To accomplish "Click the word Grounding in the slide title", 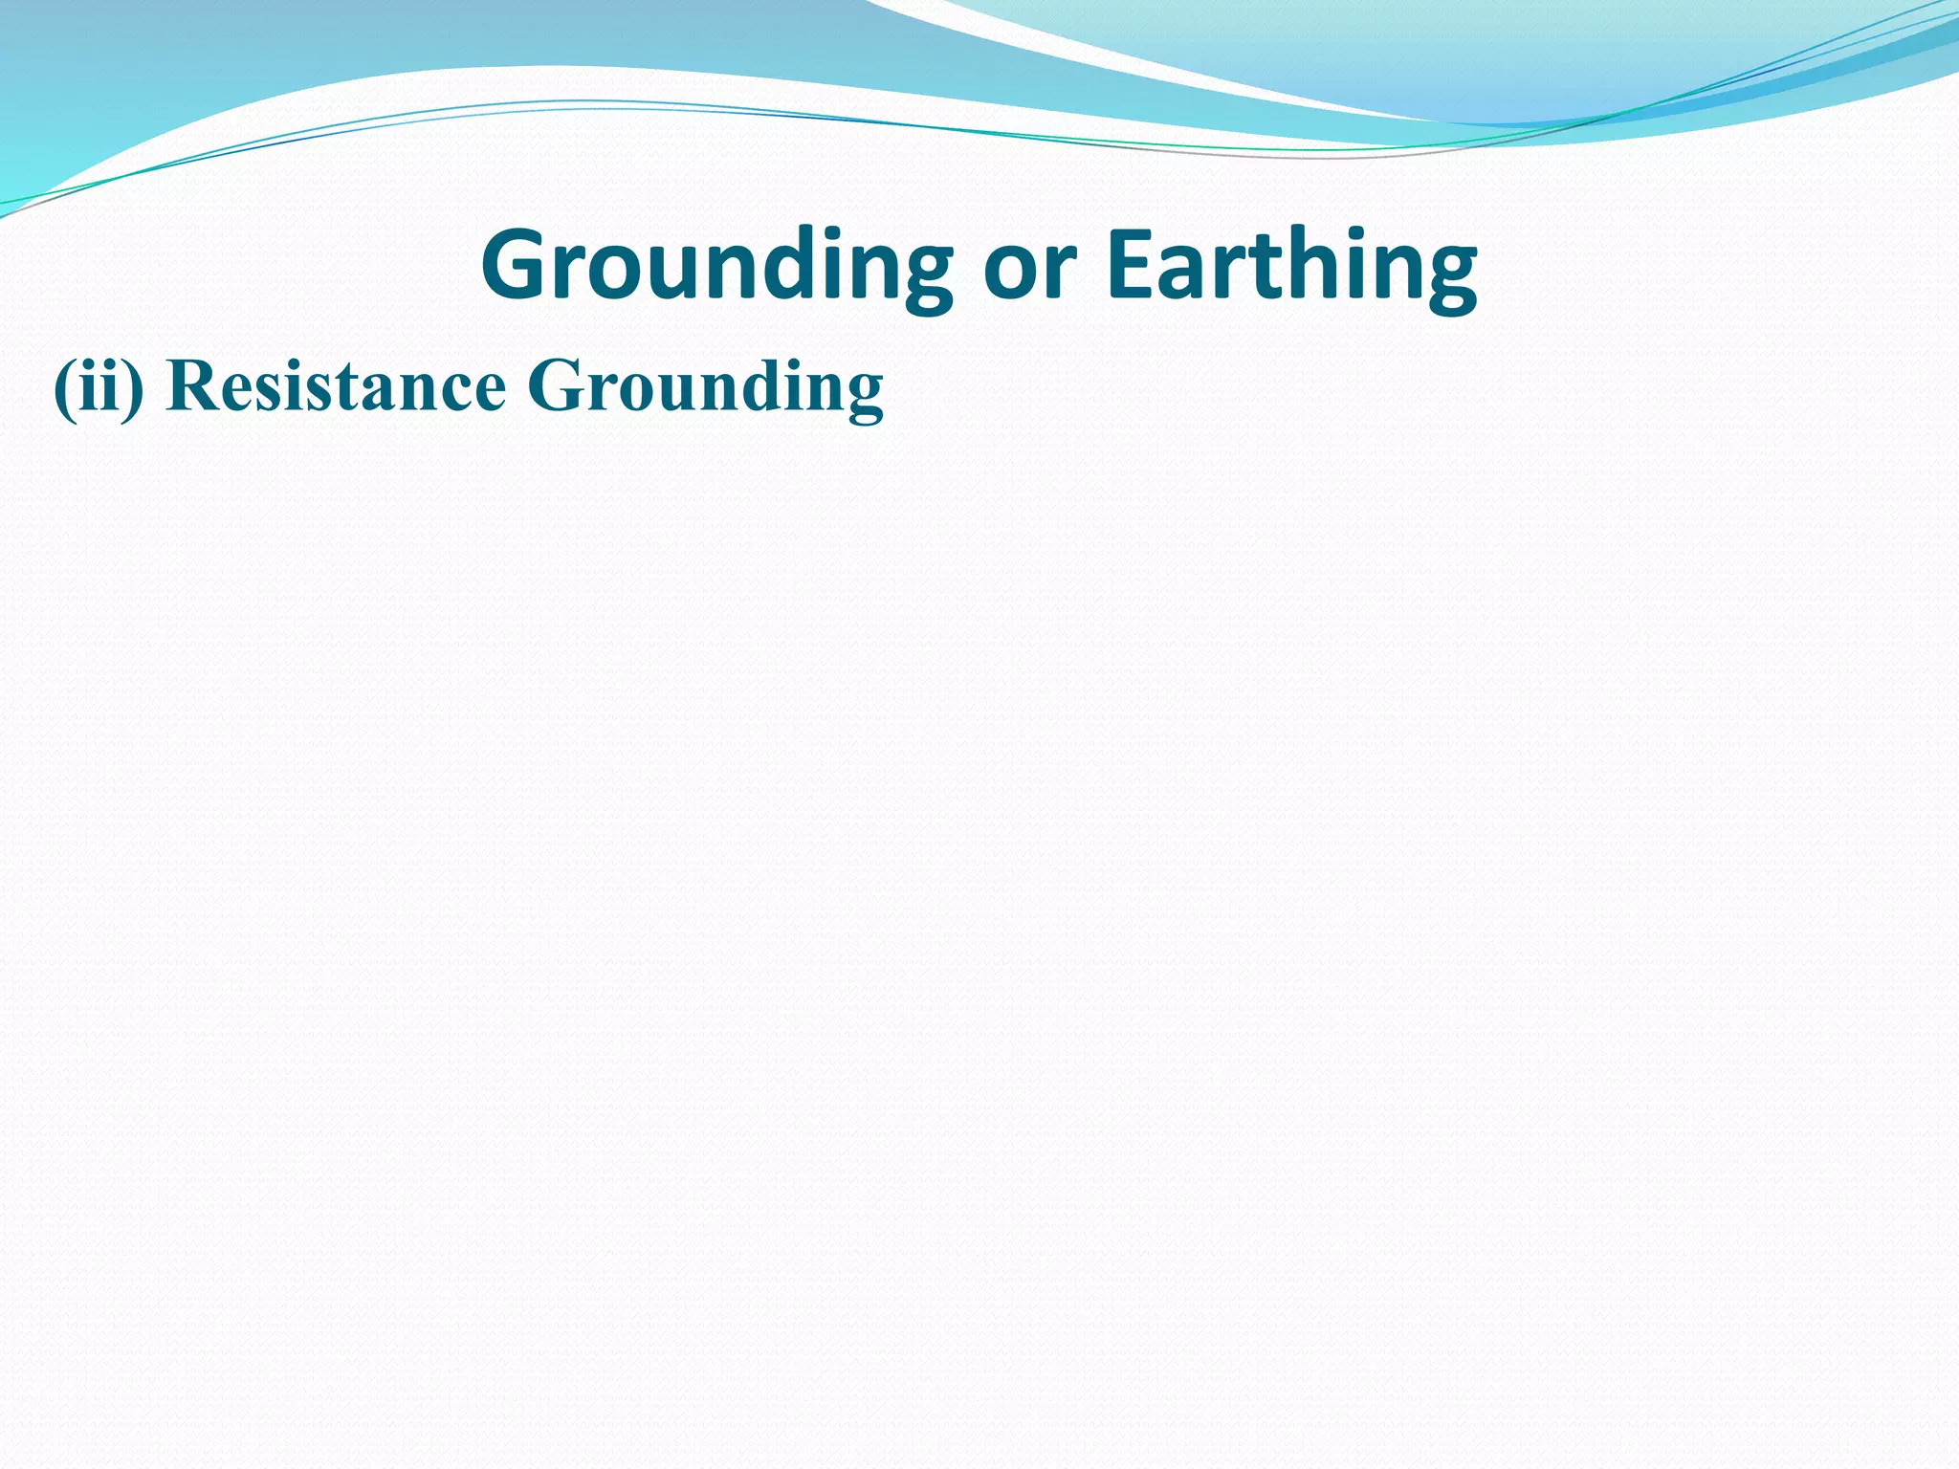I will tap(716, 266).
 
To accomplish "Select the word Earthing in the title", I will tap(1290, 266).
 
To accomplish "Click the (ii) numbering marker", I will tap(99, 387).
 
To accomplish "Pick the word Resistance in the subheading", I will tap(335, 387).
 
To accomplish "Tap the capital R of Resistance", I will tap(187, 386).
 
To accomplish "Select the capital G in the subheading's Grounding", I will tap(553, 386).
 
